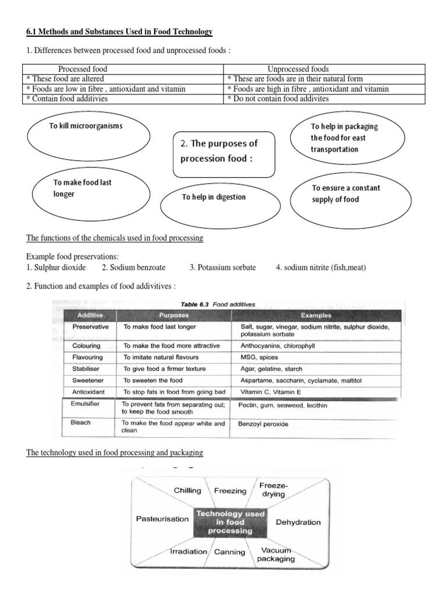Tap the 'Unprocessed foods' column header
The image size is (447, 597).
(298, 69)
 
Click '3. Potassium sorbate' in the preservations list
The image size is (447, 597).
(222, 268)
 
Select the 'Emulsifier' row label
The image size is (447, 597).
(86, 403)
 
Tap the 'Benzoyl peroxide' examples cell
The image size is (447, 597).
(263, 424)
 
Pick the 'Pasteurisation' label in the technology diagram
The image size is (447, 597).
(162, 518)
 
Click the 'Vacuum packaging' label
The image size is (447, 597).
(277, 554)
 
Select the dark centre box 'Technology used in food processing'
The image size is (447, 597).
(231, 522)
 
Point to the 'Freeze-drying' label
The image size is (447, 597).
(272, 490)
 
